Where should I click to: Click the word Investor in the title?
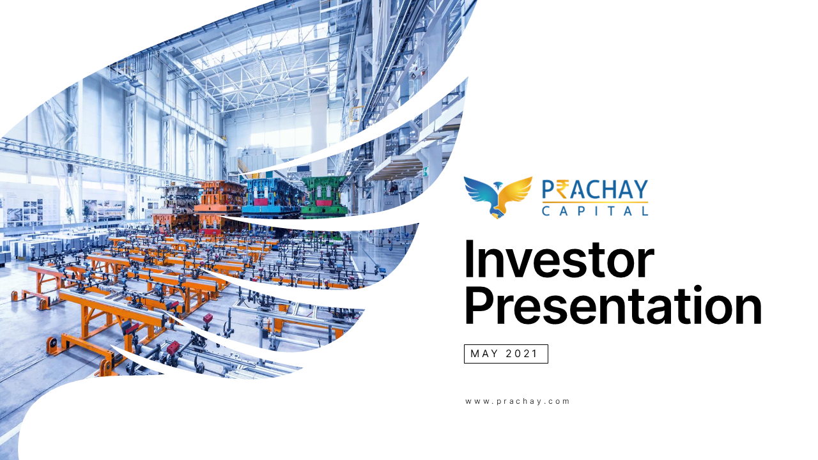pos(559,260)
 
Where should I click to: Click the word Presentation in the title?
pos(613,307)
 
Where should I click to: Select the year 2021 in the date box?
pos(521,354)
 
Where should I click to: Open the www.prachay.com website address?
pos(518,401)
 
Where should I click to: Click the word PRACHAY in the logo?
pos(595,190)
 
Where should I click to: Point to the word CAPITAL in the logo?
pos(595,210)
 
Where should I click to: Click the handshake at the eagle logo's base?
pos(498,213)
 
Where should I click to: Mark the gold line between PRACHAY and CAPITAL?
pos(595,203)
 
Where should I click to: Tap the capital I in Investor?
pos(470,260)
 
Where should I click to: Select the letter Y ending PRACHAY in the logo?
pos(640,190)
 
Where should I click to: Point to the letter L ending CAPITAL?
pos(645,210)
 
